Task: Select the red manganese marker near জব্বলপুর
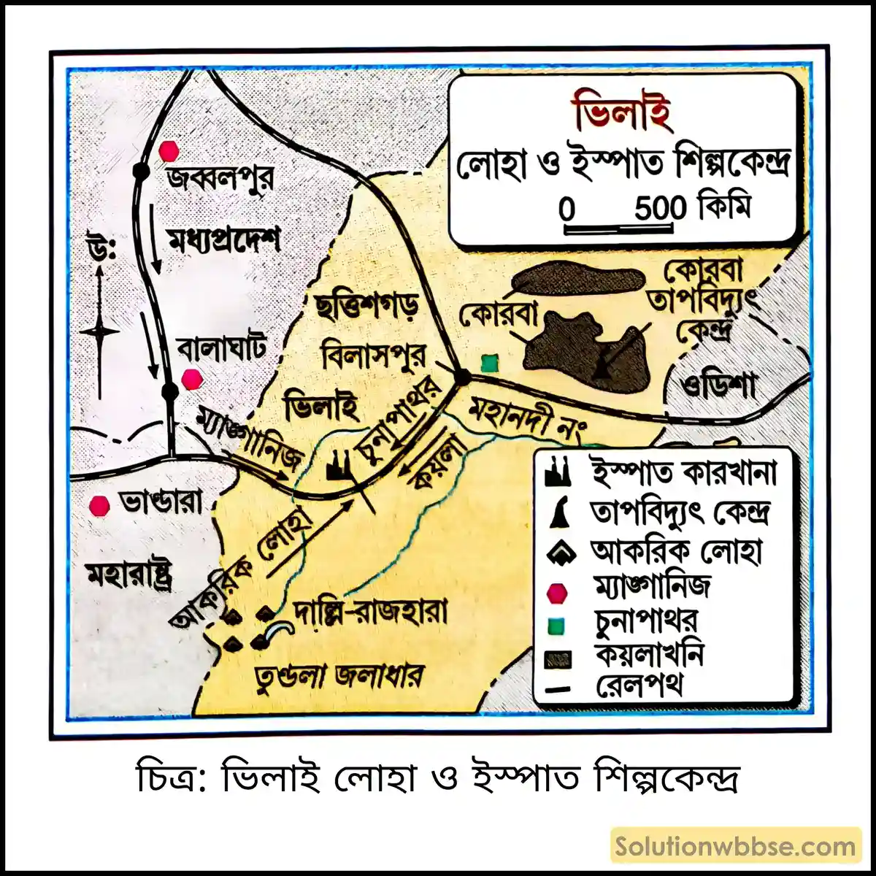coord(169,151)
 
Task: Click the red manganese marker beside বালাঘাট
coord(191,379)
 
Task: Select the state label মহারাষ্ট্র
coord(129,576)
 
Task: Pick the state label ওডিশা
coord(719,385)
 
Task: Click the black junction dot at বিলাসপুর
coord(461,377)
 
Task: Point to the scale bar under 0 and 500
coord(617,228)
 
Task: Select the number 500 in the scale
coord(660,210)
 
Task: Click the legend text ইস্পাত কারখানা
coord(683,474)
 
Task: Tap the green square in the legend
coord(557,626)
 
